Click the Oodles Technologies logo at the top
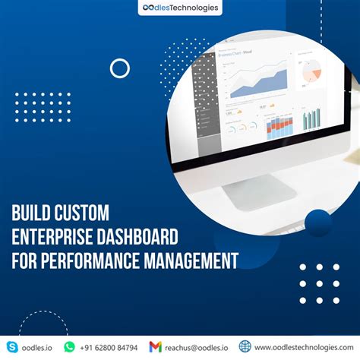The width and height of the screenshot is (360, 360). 180,8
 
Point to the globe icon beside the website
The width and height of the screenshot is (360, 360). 245,346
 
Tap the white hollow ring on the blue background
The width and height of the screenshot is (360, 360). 120,68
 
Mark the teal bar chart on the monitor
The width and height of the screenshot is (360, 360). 311,118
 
